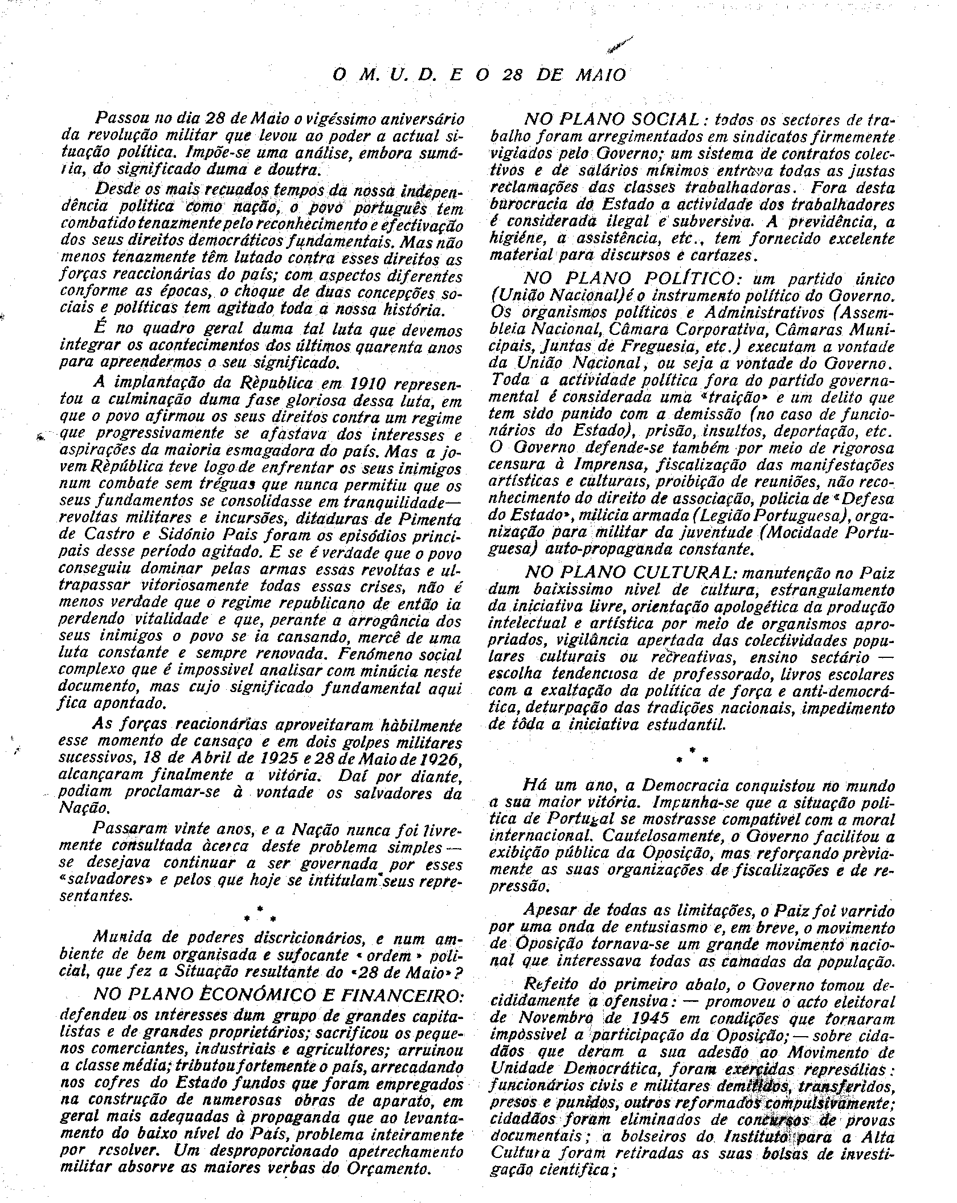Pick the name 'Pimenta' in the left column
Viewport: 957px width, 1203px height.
pyautogui.click(x=431, y=520)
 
